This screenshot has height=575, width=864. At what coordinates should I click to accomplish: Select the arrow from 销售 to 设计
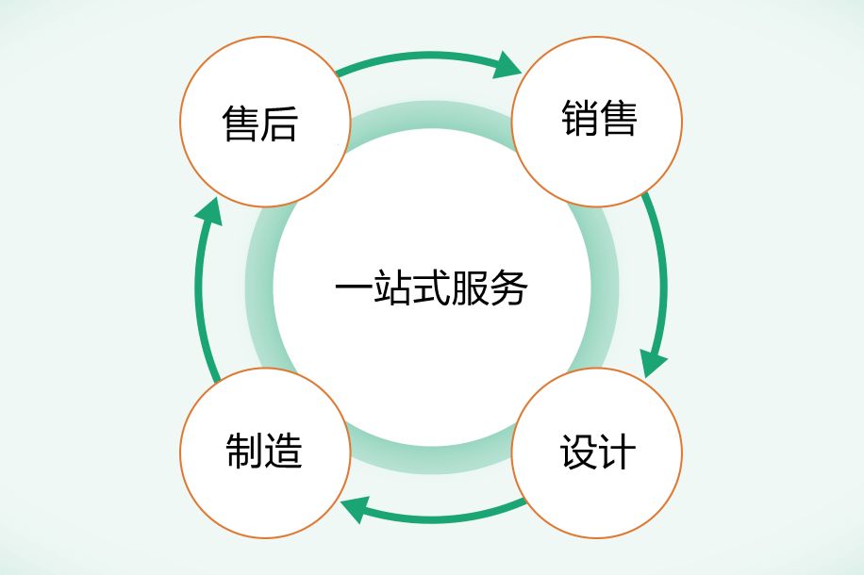(x=661, y=273)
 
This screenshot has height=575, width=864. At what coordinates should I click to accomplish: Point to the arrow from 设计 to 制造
(x=443, y=517)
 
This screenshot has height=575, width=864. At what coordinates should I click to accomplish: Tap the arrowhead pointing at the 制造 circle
(x=354, y=510)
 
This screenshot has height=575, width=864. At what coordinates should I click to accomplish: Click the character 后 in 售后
(x=279, y=123)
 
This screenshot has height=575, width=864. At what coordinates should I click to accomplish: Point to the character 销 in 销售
(x=579, y=120)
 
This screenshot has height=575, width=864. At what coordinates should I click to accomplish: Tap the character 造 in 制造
(x=283, y=452)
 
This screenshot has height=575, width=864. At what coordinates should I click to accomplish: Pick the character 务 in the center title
(x=509, y=287)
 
